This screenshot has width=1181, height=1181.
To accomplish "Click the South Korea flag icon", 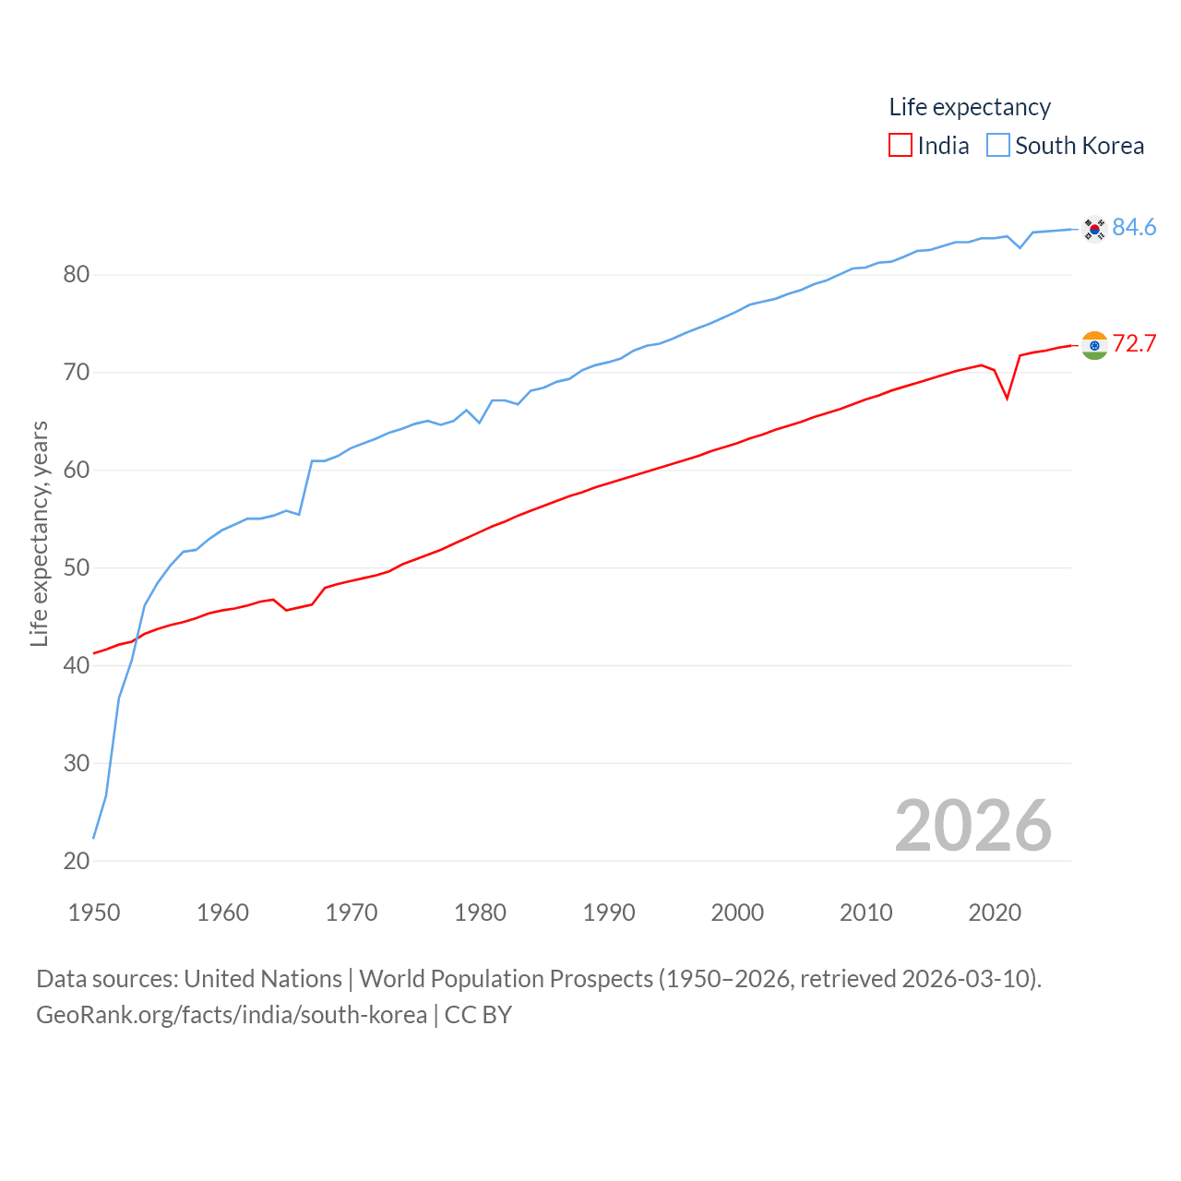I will coord(1094,228).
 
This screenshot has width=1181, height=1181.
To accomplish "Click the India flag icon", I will coord(1094,345).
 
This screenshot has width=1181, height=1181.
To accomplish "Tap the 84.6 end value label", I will coord(1134,227).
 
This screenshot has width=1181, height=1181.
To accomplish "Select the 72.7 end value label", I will coord(1134,343).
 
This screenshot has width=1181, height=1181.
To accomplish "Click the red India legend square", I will coord(900,146).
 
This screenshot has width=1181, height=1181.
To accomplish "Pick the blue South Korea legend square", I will coord(998,146).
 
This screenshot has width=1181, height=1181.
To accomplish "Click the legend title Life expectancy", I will coord(970,107).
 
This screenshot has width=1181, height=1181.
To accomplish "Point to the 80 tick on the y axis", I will coord(77,274).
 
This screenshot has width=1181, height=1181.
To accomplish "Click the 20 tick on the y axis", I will coord(77,861).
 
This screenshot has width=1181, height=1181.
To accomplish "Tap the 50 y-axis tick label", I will coord(77,567).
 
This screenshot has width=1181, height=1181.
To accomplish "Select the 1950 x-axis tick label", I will coord(94,913).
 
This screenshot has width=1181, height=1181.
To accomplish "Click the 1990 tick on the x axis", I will coord(609,913).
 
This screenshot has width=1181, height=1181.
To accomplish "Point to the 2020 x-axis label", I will coord(995,913).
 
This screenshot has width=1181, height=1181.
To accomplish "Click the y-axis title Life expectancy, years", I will coord(40,533).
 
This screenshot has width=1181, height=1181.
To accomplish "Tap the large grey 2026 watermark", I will coord(973,825).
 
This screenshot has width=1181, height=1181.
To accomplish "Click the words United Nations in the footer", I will coord(263,979).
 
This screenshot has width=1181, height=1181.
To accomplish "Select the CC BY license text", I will coord(478,1015).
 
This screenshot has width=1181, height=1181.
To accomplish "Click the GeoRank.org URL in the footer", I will coord(231,1015).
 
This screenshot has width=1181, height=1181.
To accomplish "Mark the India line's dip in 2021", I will coord(1007,398).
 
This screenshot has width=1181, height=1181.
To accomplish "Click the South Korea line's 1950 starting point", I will coord(94,838).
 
